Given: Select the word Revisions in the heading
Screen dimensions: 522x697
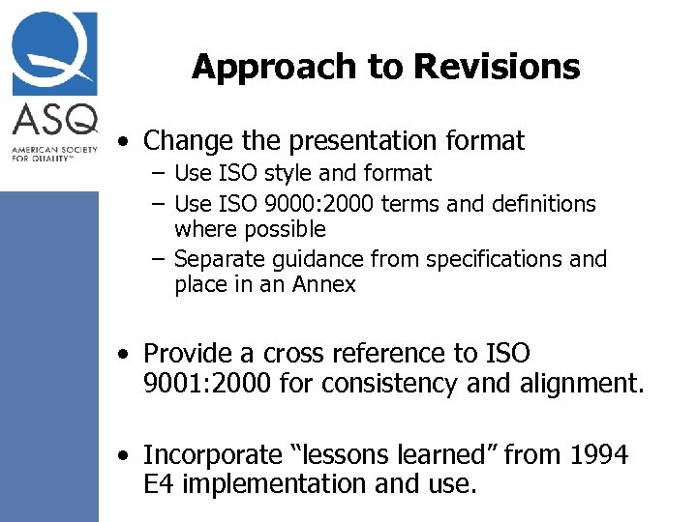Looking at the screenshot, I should (497, 67).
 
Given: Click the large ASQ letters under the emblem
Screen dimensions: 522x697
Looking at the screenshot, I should (55, 121).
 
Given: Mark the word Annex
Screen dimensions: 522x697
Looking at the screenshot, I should (325, 285).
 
